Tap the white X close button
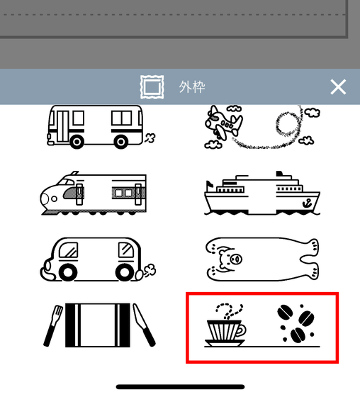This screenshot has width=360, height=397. pos(338,86)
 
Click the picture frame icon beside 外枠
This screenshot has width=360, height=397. pos(152,86)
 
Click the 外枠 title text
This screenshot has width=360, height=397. pos(192,87)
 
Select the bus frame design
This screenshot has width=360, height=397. pos(101,127)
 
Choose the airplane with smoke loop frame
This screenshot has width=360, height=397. pos(262,127)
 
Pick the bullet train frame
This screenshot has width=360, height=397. pos(93,193)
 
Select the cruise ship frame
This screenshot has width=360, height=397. pos(262,193)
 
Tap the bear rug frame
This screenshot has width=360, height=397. pos(262,259)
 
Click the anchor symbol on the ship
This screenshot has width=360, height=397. pos(307,203)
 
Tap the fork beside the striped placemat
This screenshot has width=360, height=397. pos(53,325)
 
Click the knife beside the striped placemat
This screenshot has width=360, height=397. pos(144,325)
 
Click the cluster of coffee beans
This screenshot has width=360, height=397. pos(296,323)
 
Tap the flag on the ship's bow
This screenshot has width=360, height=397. pos(209,184)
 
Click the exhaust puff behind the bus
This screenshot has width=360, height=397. pos(150,138)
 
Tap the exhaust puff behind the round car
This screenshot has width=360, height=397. pos(150,270)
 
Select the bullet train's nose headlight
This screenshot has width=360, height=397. pos(54,198)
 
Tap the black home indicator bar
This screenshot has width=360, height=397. pos(180,386)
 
